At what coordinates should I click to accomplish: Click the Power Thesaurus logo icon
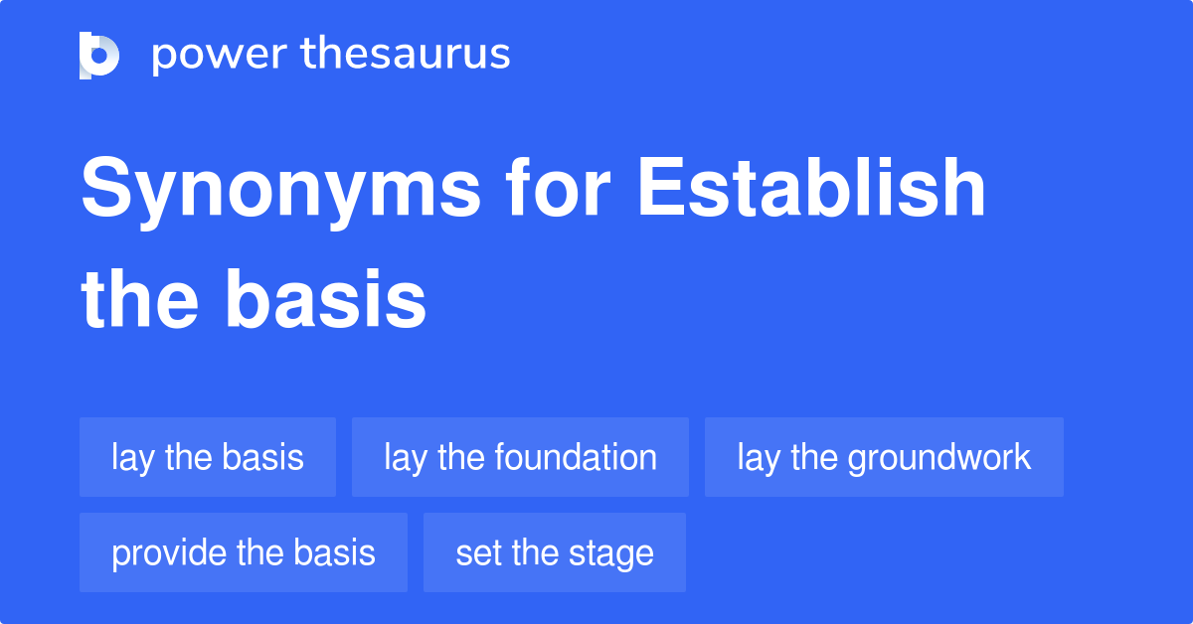(x=99, y=55)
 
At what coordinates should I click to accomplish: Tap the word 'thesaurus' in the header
(x=406, y=55)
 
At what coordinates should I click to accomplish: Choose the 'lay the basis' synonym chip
(x=208, y=457)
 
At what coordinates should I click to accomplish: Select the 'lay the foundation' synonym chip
(x=520, y=457)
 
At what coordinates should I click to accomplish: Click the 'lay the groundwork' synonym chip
(x=884, y=457)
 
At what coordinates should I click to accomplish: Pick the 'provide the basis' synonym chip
(x=244, y=552)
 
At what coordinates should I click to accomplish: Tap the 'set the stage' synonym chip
(x=555, y=552)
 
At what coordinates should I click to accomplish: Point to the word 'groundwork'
(x=940, y=458)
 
